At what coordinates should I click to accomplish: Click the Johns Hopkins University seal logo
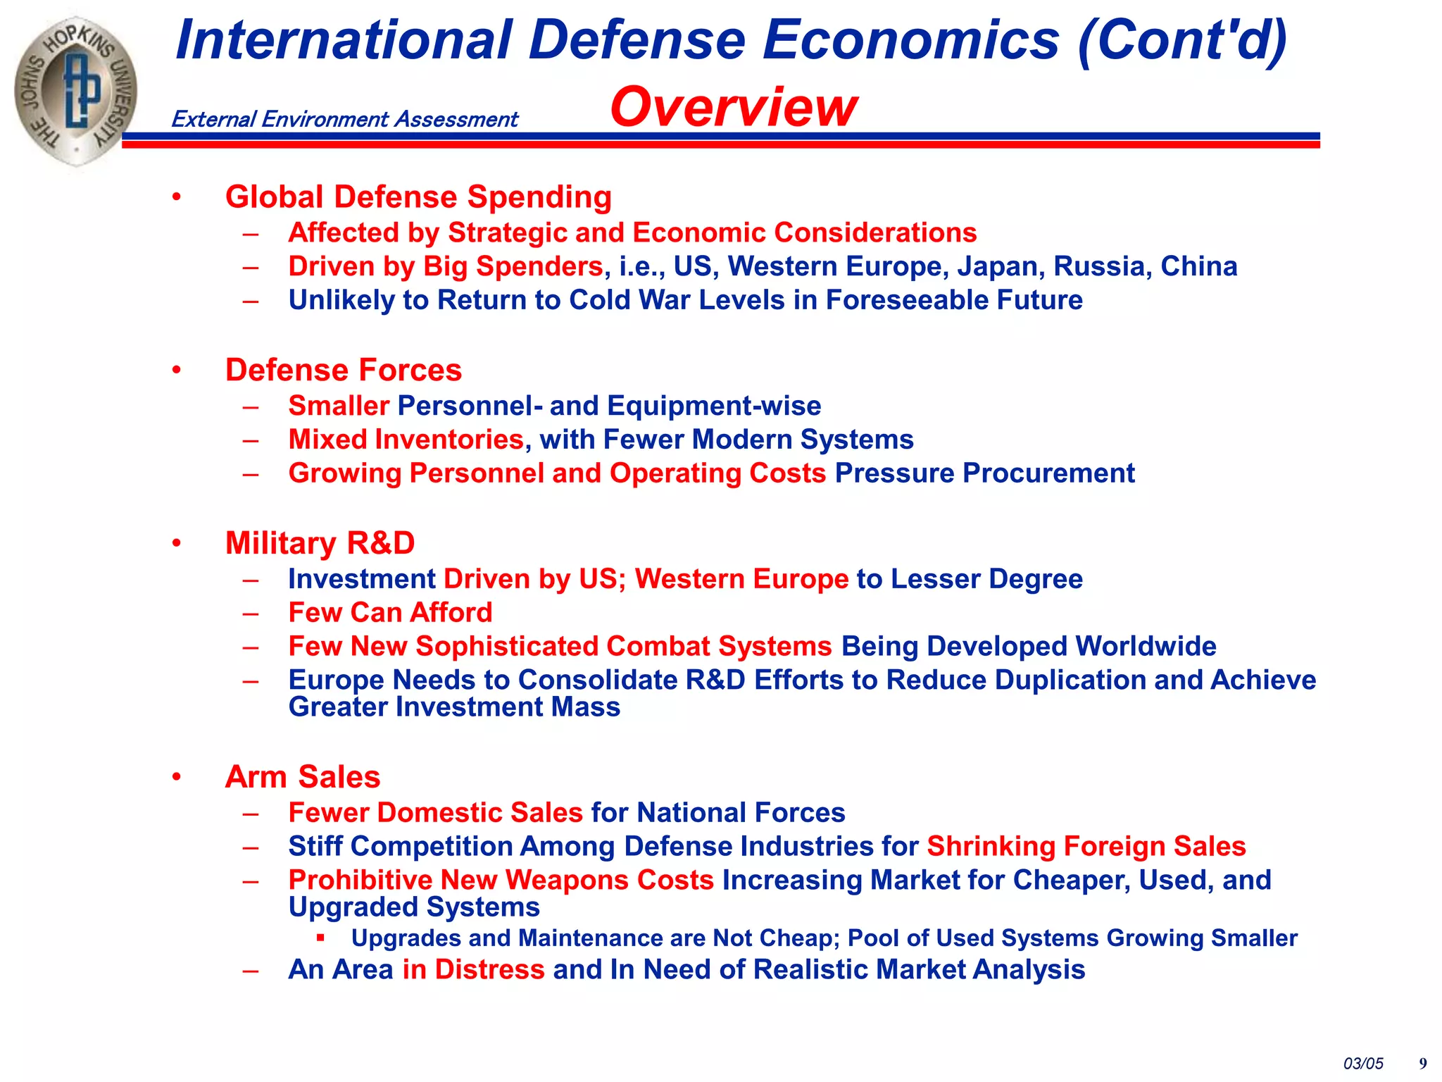[x=76, y=92]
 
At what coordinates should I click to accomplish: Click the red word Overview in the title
[x=734, y=107]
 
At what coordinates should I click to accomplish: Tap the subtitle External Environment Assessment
[x=344, y=119]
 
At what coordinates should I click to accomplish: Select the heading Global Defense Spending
[x=418, y=197]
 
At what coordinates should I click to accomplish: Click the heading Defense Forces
[x=343, y=370]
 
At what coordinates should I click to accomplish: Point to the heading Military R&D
[x=320, y=543]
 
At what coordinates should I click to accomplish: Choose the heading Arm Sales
[x=303, y=777]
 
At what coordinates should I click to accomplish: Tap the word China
[x=1198, y=266]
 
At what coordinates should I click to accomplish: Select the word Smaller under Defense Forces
[x=339, y=406]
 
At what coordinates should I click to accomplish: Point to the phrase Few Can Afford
[x=390, y=613]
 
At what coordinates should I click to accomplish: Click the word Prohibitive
[x=360, y=881]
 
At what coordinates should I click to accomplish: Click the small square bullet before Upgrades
[x=320, y=938]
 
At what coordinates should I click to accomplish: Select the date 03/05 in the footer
[x=1363, y=1064]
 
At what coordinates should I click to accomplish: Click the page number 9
[x=1423, y=1064]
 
